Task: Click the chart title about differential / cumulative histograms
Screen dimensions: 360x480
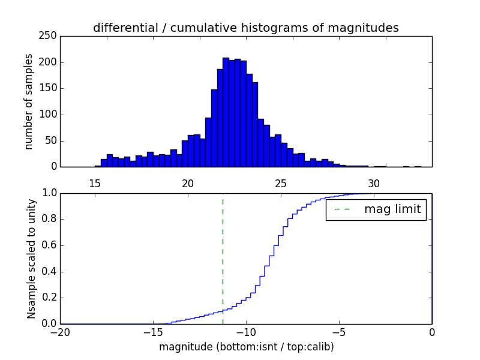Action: coord(245,28)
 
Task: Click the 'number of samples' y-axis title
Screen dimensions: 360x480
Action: coord(29,101)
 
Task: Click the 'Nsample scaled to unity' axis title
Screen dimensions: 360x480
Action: coord(31,258)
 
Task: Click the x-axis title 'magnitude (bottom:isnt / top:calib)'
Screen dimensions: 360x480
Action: coord(246,346)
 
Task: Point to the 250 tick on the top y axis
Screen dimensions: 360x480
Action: coord(49,36)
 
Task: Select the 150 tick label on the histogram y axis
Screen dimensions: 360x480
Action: coord(49,88)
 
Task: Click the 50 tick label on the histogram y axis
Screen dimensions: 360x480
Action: coord(52,140)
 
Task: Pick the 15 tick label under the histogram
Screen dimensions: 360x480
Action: coord(95,183)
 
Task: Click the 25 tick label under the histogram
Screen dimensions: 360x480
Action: coord(281,183)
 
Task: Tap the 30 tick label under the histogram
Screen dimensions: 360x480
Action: coord(374,183)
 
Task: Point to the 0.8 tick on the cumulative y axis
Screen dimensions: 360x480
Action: coord(49,219)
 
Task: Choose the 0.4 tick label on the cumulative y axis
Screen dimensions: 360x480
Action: coord(49,271)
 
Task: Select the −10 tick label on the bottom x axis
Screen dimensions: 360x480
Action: coord(246,332)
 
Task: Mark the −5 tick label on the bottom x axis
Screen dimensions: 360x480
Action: coord(339,332)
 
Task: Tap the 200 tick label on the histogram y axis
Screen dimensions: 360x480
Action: coord(49,62)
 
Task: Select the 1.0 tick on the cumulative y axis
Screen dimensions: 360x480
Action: coord(49,193)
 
